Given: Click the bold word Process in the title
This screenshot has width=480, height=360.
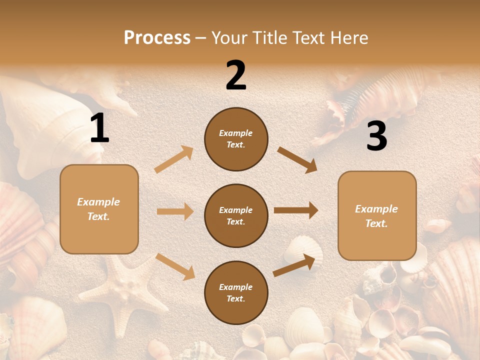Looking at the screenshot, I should pyautogui.click(x=157, y=37).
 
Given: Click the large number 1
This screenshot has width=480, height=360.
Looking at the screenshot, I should pyautogui.click(x=99, y=128).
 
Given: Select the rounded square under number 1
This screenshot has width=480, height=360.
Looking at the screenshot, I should pyautogui.click(x=99, y=209).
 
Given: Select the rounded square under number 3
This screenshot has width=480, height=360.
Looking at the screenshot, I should pyautogui.click(x=377, y=215).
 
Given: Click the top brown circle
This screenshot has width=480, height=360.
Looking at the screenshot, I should pyautogui.click(x=236, y=138).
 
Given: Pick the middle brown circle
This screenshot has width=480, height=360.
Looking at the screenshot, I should pyautogui.click(x=236, y=215).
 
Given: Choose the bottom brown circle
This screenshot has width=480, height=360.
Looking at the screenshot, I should pyautogui.click(x=236, y=292).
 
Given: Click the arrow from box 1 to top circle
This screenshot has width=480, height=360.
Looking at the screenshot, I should pyautogui.click(x=174, y=159).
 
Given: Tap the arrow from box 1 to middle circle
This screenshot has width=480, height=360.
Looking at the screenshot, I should pyautogui.click(x=174, y=211).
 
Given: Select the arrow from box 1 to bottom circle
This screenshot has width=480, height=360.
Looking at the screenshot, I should pyautogui.click(x=175, y=266).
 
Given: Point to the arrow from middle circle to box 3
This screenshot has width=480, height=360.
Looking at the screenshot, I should pyautogui.click(x=296, y=210).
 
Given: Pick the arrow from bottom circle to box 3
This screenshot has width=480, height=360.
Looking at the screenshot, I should pyautogui.click(x=294, y=265).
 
